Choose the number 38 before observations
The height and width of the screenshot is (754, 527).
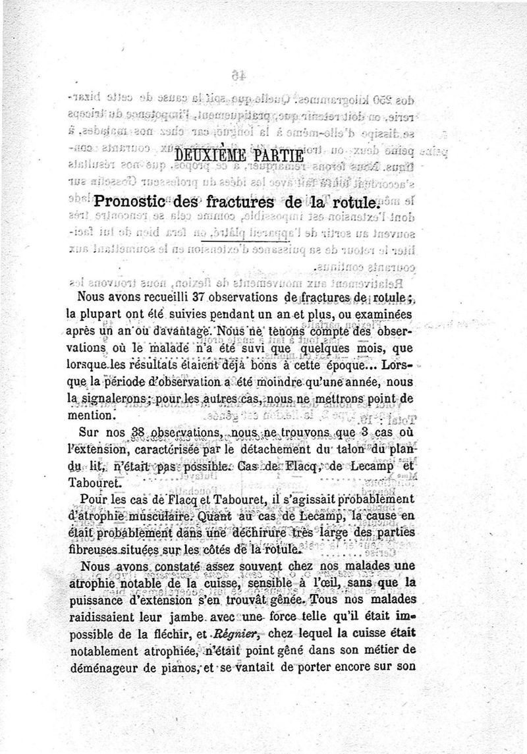click(138, 432)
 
